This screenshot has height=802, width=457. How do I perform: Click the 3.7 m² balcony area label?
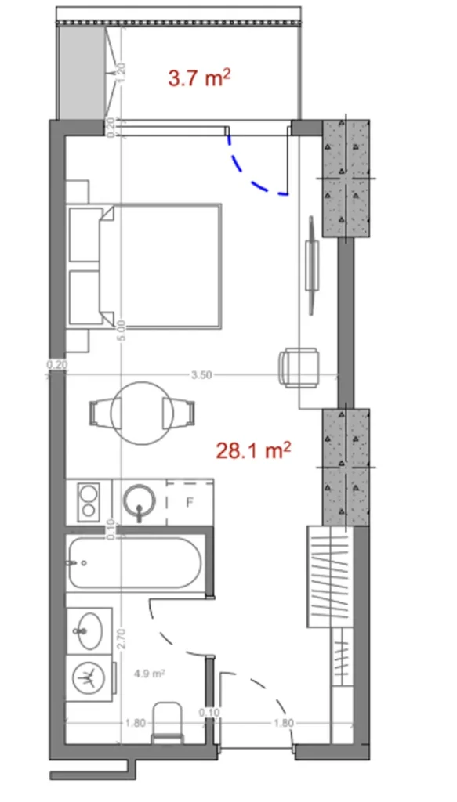coord(199,78)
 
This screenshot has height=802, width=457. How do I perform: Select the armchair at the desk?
coord(299,367)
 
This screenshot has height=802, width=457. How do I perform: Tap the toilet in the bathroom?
coord(166,721)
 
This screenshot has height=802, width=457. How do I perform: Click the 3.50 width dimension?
coord(201,374)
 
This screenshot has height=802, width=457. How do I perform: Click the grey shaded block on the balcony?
coord(81,70)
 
